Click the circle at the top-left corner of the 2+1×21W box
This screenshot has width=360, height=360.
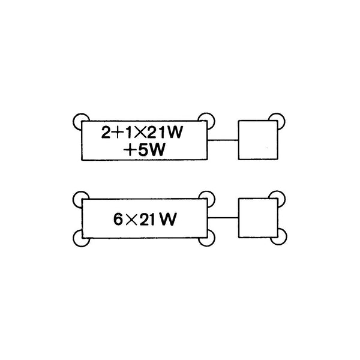pyautogui.click(x=81, y=121)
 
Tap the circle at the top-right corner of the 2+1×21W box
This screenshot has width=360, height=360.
pyautogui.click(x=206, y=121)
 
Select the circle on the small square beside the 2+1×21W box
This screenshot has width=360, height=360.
pyautogui.click(x=277, y=121)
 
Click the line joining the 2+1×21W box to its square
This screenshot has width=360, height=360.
pyautogui.click(x=223, y=140)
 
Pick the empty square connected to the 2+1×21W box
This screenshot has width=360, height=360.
pyautogui.click(x=258, y=140)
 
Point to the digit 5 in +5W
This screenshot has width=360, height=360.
pyautogui.click(x=143, y=150)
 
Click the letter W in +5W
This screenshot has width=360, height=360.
pyautogui.click(x=157, y=150)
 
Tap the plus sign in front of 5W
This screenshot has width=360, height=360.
pyautogui.click(x=130, y=150)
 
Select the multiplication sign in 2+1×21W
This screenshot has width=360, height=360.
pyautogui.click(x=140, y=133)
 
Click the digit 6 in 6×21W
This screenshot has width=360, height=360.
pyautogui.click(x=118, y=219)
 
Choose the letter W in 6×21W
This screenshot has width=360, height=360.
pyautogui.click(x=169, y=219)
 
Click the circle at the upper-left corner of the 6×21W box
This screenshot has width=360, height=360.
pyautogui.click(x=81, y=199)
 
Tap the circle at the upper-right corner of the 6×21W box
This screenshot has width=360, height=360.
pyautogui.click(x=206, y=199)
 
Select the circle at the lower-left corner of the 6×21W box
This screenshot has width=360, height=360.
pyautogui.click(x=82, y=238)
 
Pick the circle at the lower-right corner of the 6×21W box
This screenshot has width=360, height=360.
pyautogui.click(x=206, y=238)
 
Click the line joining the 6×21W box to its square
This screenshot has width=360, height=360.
pyautogui.click(x=223, y=218)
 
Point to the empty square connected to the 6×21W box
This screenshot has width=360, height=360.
pyautogui.click(x=258, y=218)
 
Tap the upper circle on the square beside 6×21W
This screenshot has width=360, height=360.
pyautogui.click(x=277, y=199)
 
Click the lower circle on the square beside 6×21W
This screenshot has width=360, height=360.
pyautogui.click(x=278, y=236)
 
